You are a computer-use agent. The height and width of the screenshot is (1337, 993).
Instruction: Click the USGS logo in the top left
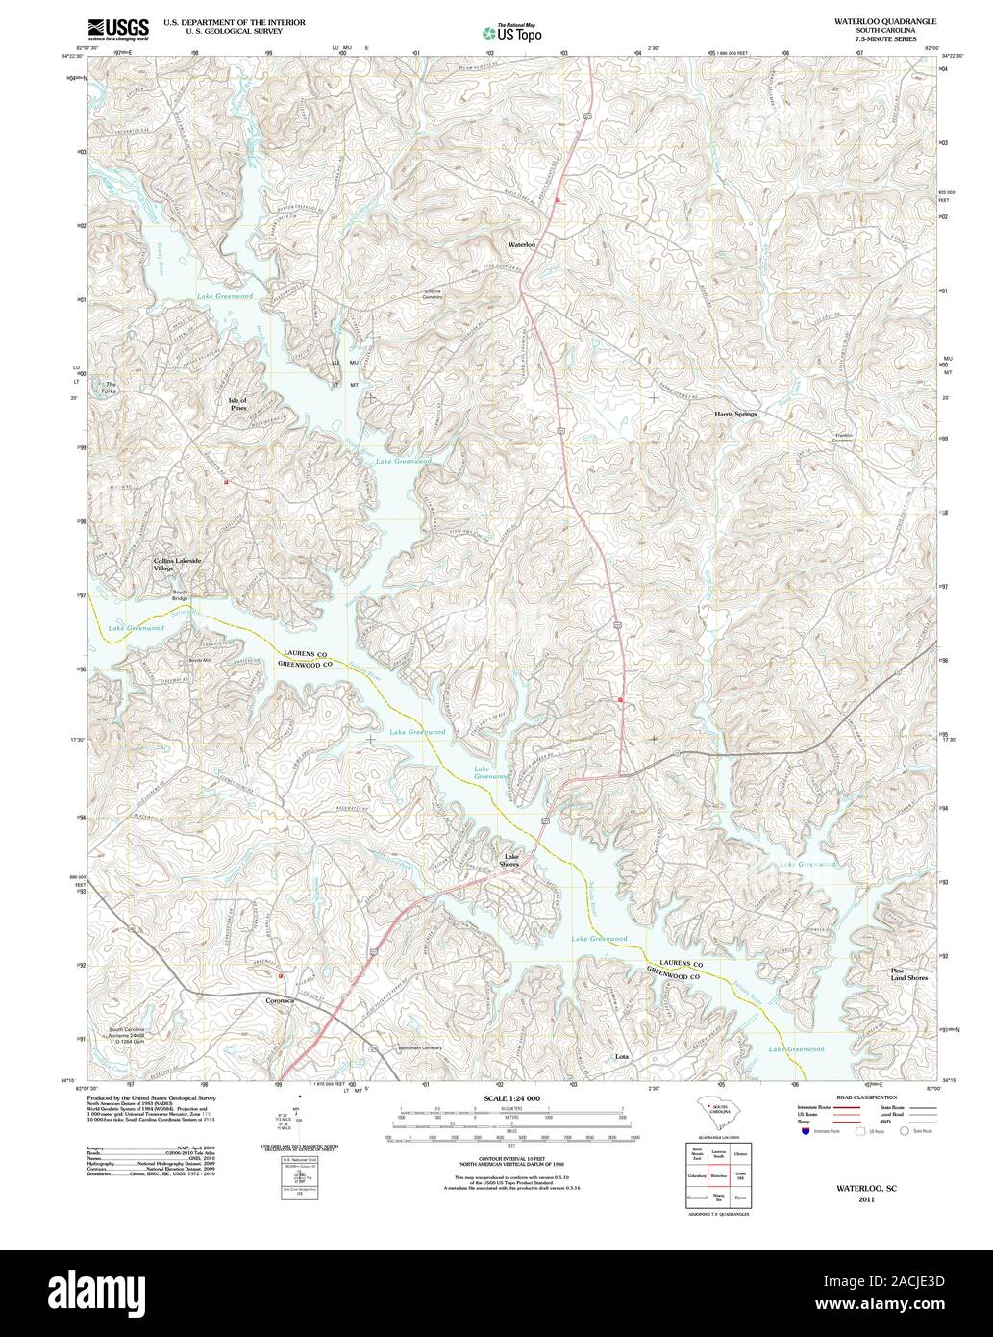click(x=118, y=30)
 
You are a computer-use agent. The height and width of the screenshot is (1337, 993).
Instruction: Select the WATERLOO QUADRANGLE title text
click(x=872, y=20)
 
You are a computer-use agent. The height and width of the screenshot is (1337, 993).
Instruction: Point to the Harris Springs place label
click(x=735, y=414)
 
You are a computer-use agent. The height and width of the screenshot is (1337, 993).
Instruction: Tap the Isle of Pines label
click(x=237, y=404)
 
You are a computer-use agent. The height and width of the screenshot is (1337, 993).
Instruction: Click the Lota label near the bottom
click(x=622, y=1056)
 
